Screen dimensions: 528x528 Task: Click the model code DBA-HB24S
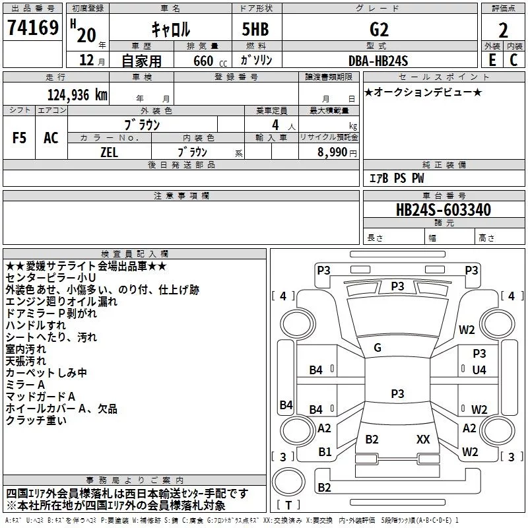point(378,61)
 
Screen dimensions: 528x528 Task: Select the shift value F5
point(19,138)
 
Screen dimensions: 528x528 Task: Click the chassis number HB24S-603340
point(443,211)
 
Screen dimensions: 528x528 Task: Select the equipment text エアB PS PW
point(395,178)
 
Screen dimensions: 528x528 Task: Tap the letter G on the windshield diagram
point(378,348)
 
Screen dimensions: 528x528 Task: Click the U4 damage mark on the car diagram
point(479,370)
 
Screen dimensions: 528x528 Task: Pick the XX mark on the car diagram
point(423,439)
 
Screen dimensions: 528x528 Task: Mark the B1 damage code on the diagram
point(325,452)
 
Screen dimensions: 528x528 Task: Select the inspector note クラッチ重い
point(36,420)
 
